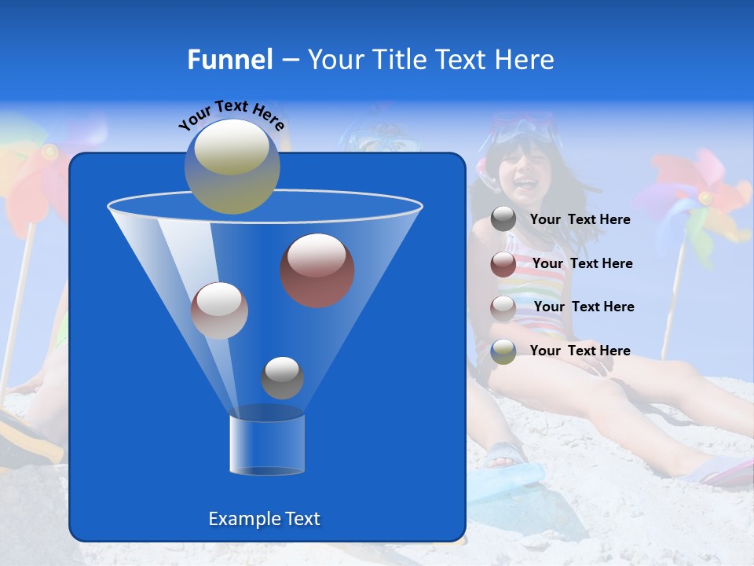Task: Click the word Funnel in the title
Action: coord(229,60)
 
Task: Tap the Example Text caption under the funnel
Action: coord(264,519)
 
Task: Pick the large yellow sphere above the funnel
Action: coord(232,166)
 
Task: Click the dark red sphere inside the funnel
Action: coord(317,270)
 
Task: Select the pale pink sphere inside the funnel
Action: coord(219,311)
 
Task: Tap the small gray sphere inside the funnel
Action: coord(282,377)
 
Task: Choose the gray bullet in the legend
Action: coord(503,219)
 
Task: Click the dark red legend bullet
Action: coord(503,263)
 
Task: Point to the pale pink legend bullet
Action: coord(503,307)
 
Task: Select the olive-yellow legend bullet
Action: coord(503,351)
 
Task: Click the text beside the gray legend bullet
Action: coord(580,220)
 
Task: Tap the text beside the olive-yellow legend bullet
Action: coord(580,351)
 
